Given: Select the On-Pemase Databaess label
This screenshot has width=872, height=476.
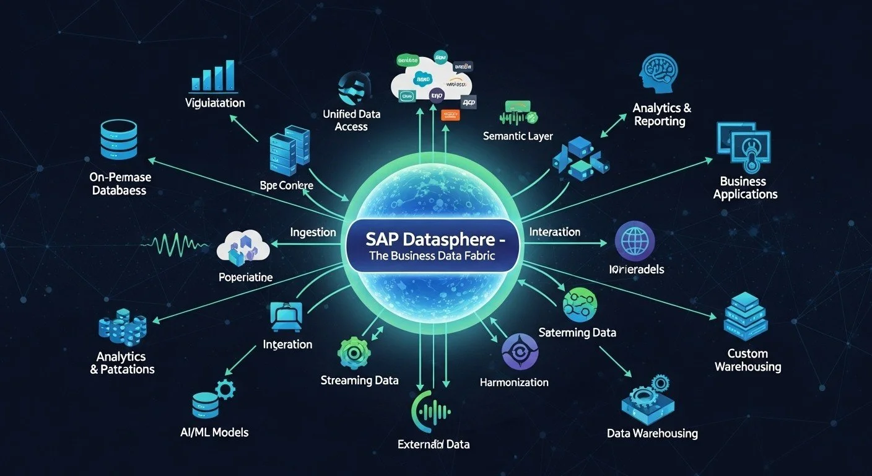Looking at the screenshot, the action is point(121,184).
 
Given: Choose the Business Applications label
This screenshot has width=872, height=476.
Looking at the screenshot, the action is point(744,188).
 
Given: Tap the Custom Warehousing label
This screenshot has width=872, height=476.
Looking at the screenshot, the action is point(748,360).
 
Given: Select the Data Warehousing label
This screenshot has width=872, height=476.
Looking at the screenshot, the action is point(652,433).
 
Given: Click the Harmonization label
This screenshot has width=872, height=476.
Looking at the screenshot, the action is point(514,382).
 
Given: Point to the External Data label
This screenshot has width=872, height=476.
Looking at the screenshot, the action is point(434,444).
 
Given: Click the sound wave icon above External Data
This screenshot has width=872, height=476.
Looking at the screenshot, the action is point(432,411).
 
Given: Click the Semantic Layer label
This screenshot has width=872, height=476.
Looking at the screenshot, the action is point(518,136).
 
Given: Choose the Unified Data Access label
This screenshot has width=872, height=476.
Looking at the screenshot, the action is point(352,120).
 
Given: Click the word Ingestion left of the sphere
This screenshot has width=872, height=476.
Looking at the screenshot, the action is point(313,232).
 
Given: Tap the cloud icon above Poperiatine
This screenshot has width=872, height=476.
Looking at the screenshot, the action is point(243,247).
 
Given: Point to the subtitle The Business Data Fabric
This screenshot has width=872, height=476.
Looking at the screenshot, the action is point(432,256).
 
